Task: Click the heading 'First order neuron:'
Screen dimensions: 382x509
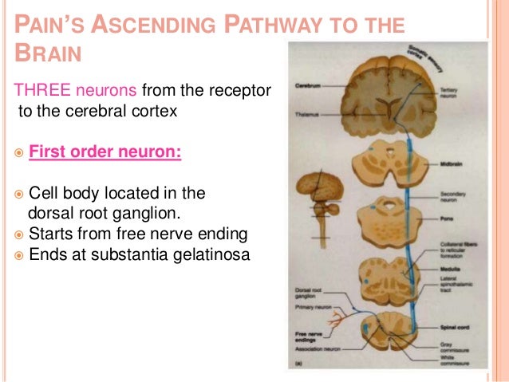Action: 105,151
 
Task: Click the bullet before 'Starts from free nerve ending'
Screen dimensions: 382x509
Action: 18,234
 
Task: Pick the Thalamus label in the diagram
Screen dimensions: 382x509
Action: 306,114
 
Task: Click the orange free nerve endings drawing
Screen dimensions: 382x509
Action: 324,321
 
